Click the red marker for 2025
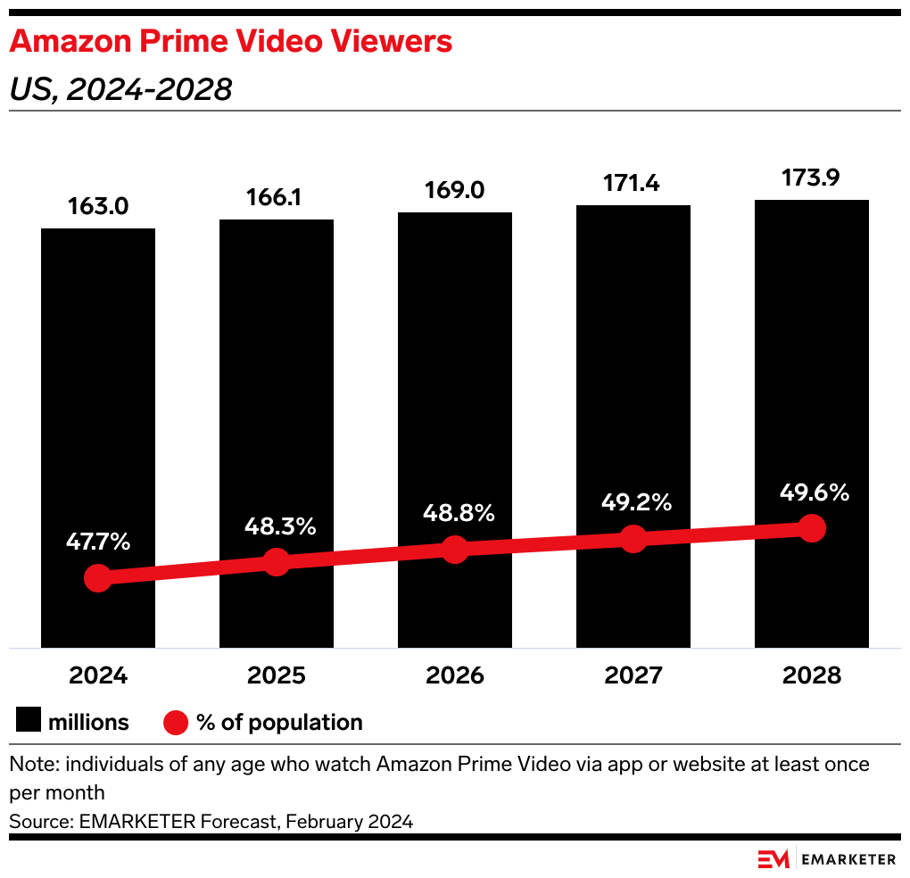[277, 562]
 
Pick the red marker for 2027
[633, 539]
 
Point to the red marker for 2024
[98, 578]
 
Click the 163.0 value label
[98, 207]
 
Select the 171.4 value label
[633, 185]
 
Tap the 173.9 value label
[811, 178]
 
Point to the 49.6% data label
[812, 492]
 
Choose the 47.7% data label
[98, 541]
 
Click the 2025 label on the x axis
[277, 675]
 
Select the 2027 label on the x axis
[633, 675]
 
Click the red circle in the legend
[176, 722]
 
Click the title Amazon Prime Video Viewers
[230, 41]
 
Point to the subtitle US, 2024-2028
[120, 89]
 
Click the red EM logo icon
[773, 859]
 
